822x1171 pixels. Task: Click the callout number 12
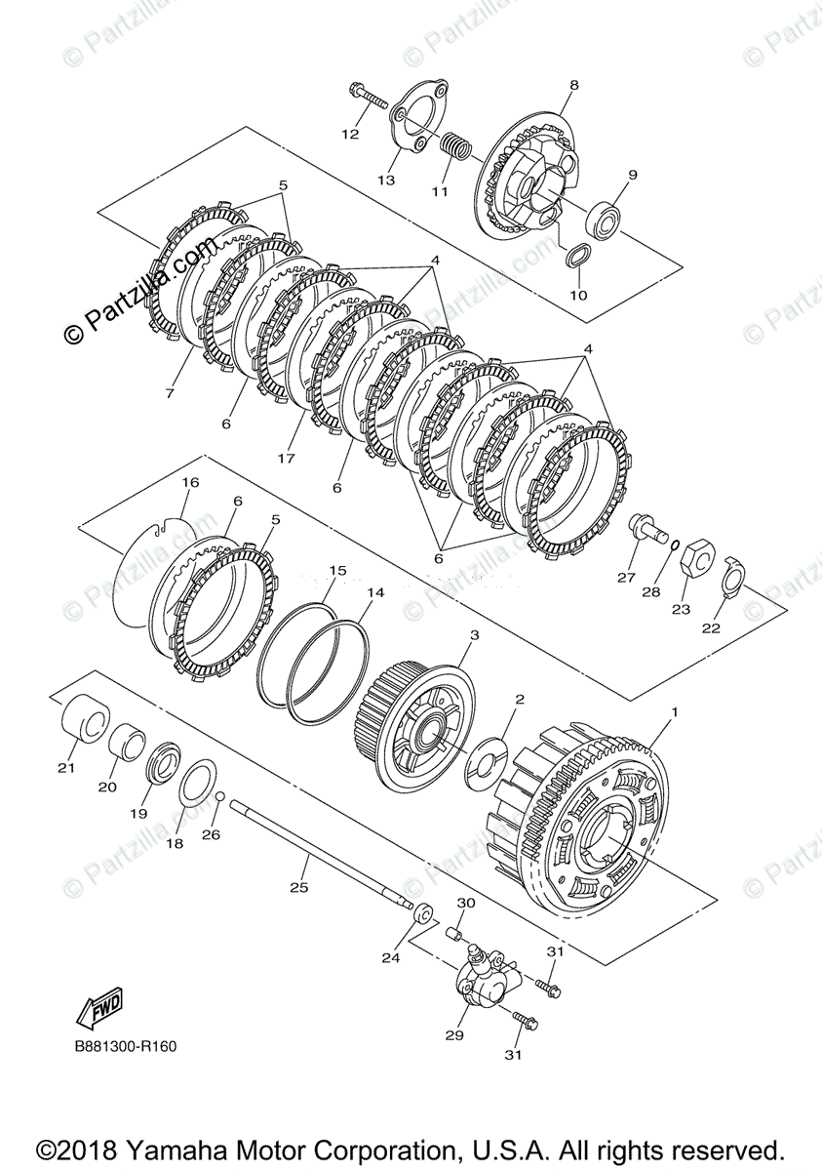click(x=350, y=135)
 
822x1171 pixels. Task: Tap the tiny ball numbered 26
click(x=222, y=797)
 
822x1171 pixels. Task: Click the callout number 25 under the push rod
click(x=299, y=887)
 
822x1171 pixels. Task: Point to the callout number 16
click(x=190, y=482)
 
